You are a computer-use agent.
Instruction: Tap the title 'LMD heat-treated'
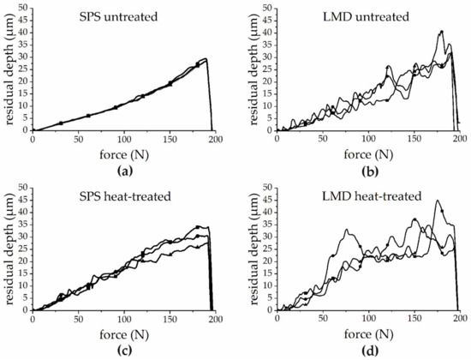point(339,196)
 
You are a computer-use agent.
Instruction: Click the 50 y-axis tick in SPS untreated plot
point(24,9)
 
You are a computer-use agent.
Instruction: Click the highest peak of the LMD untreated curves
point(442,32)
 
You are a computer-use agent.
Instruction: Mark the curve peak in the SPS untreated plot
point(206,59)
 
